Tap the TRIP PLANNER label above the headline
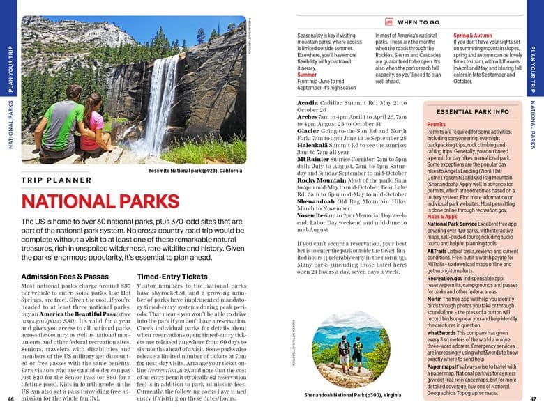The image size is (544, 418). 56,180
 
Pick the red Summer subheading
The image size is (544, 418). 307,74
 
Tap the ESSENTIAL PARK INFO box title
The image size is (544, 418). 472,111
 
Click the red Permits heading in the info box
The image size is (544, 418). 437,125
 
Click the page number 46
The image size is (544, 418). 10,399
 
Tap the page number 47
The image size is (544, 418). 533,399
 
